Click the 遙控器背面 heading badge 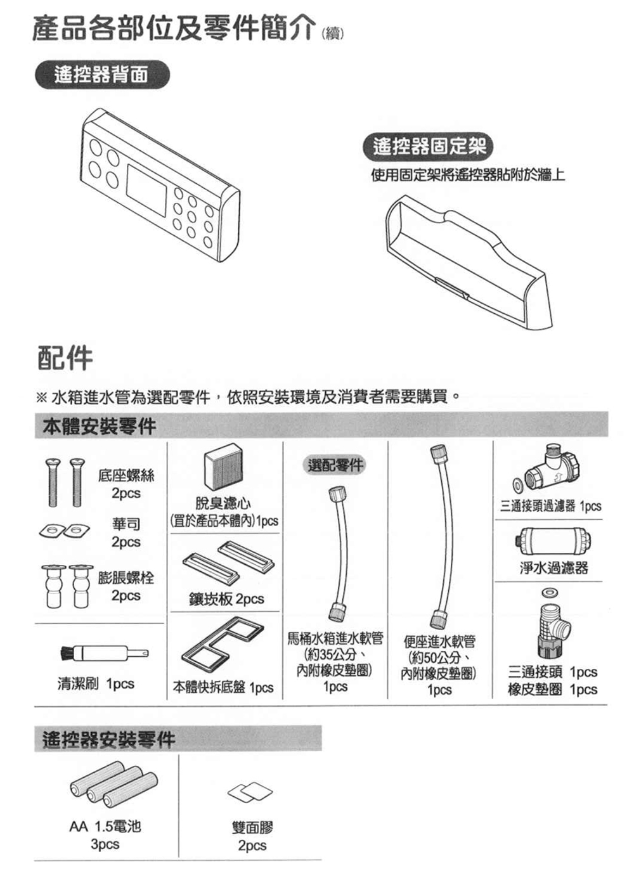(x=101, y=75)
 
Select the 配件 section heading (x=63, y=358)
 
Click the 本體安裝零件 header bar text (x=99, y=426)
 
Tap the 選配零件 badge (x=335, y=465)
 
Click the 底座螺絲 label (x=126, y=475)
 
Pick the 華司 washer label (x=126, y=524)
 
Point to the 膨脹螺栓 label (x=126, y=578)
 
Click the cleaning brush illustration (x=101, y=652)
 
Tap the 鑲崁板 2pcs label (x=226, y=599)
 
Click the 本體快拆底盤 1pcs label (x=223, y=688)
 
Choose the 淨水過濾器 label (x=553, y=568)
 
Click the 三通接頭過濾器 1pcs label (x=550, y=506)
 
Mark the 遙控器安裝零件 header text (x=108, y=739)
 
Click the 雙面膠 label (x=252, y=827)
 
